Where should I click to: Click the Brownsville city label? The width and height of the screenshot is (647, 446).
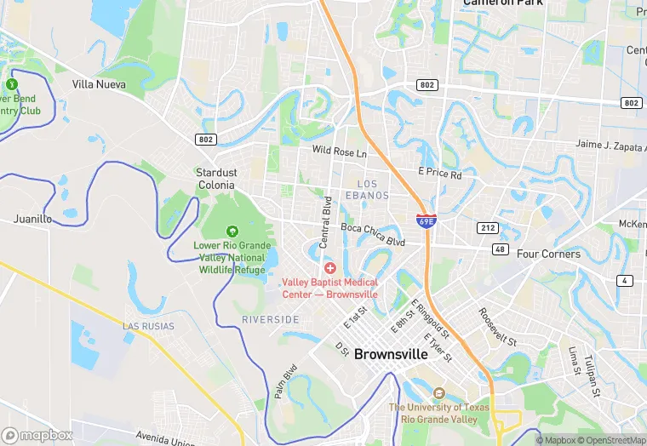pyautogui.click(x=391, y=353)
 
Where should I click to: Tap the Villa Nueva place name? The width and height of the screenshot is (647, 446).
pyautogui.click(x=99, y=84)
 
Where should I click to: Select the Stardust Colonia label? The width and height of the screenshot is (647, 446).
pyautogui.click(x=216, y=178)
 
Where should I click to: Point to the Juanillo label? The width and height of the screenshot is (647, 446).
pyautogui.click(x=32, y=219)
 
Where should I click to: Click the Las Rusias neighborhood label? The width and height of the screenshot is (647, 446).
pyautogui.click(x=148, y=326)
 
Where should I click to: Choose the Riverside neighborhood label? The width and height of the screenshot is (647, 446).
pyautogui.click(x=270, y=319)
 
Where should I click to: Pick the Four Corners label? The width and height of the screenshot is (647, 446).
pyautogui.click(x=548, y=254)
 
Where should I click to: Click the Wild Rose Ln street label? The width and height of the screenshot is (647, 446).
pyautogui.click(x=339, y=152)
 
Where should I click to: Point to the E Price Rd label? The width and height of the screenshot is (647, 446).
pyautogui.click(x=439, y=174)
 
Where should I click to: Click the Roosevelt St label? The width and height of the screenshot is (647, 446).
pyautogui.click(x=499, y=327)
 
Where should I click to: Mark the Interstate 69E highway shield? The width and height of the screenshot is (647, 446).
pyautogui.click(x=426, y=220)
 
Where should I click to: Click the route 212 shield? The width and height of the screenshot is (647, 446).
pyautogui.click(x=487, y=228)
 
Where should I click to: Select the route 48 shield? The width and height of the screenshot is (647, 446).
pyautogui.click(x=500, y=249)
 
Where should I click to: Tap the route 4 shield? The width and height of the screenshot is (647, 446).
pyautogui.click(x=626, y=281)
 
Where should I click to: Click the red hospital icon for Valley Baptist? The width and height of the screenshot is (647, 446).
pyautogui.click(x=329, y=268)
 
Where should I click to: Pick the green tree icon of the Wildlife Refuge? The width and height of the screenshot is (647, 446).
pyautogui.click(x=232, y=232)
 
